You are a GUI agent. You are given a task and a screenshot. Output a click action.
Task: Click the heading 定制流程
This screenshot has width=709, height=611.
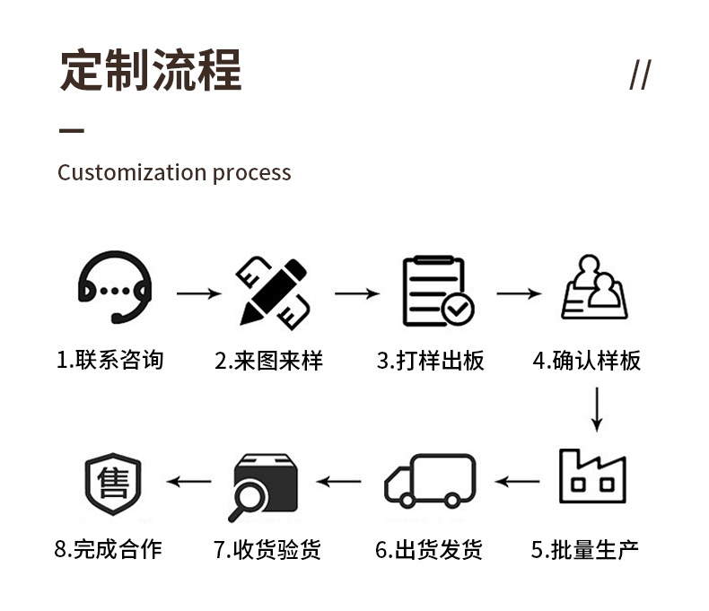pos(151,71)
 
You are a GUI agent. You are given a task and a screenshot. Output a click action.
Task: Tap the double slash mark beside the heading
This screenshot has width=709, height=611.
pos(639,74)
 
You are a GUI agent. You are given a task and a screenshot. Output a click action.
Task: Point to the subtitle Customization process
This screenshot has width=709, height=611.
pos(174,172)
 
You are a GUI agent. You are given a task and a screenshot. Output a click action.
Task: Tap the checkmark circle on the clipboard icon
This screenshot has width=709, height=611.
pos(458,310)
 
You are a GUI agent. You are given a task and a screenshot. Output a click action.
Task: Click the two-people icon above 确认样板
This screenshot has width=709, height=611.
pos(594,287)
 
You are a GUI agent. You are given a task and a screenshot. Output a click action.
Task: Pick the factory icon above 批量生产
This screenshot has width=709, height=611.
pos(592,476)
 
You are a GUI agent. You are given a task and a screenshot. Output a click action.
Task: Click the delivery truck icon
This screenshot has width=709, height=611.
pos(430,480)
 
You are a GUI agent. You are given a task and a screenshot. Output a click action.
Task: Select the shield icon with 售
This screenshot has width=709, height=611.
pos(113,484)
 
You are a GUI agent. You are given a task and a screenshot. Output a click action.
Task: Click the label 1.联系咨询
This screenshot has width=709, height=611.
pos(110,361)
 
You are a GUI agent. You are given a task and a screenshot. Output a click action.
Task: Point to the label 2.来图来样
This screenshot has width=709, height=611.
pos(268,361)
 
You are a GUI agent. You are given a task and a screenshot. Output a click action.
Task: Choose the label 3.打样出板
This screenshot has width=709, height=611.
pos(430,361)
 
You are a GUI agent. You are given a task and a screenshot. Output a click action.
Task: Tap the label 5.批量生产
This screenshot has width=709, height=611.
pos(584,549)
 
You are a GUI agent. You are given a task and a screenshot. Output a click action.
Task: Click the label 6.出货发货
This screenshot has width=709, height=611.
pos(428,549)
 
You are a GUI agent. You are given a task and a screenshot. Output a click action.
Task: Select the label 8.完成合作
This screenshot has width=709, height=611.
pos(108,549)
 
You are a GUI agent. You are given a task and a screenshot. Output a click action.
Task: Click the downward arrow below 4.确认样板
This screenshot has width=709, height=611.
pos(596,409)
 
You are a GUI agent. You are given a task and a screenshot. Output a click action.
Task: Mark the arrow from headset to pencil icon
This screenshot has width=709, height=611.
pos(198,293)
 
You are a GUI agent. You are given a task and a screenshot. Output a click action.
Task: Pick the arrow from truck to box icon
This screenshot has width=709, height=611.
pos(338,482)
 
